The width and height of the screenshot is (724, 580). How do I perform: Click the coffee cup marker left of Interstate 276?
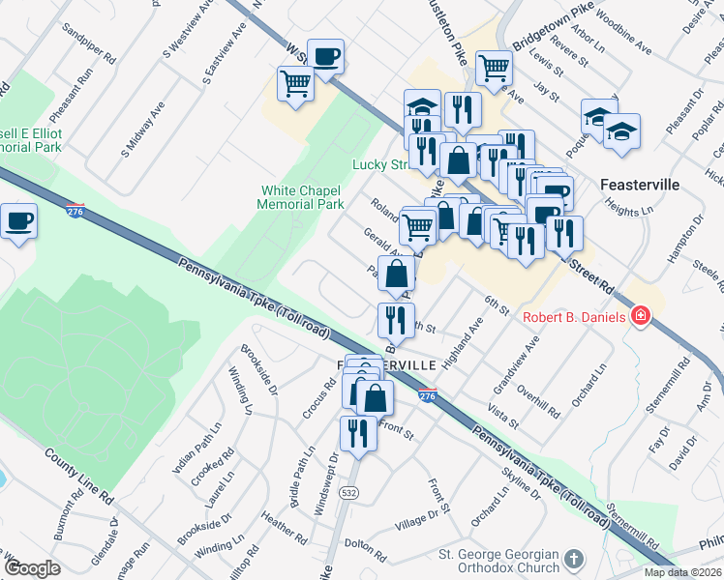point(18,222)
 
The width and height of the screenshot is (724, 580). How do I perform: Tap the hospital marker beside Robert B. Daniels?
point(640,316)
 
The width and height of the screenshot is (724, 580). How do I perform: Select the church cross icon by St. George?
point(574,560)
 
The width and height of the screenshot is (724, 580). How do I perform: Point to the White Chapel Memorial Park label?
point(301,198)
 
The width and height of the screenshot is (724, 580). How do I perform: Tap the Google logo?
point(32,568)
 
